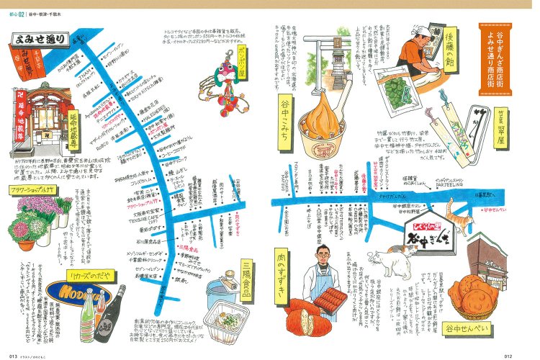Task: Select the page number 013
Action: [13, 354]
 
